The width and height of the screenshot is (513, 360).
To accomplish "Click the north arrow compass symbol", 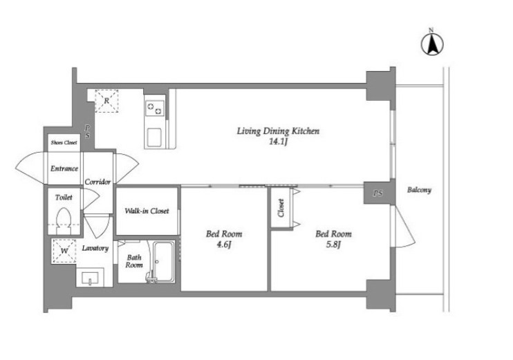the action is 432,44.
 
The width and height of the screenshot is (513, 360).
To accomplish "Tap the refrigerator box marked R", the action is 106,101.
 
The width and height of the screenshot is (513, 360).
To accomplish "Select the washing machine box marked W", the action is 64,251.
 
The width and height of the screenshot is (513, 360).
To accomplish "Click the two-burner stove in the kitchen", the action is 154,108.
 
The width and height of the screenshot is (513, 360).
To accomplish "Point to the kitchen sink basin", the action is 153,138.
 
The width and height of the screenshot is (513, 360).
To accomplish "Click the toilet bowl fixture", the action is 64,220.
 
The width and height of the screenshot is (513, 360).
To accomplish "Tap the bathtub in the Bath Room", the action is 163,262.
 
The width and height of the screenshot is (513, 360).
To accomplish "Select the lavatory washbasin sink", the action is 90,278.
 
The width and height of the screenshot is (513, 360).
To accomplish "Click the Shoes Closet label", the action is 64,142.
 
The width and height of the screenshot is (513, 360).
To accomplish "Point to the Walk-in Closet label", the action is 147,211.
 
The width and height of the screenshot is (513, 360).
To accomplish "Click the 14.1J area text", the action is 278,142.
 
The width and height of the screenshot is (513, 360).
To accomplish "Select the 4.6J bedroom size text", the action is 224,244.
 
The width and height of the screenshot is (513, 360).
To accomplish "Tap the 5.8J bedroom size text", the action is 334,244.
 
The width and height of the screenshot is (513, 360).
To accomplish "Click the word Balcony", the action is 419,190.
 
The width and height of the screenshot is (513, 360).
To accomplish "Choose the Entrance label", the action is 64,169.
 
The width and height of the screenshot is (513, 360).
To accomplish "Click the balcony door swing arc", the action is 405,229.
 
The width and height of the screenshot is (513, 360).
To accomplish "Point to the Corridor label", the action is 97,182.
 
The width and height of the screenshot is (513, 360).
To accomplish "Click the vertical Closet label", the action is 281,208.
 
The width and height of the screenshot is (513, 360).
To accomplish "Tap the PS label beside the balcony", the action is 377,193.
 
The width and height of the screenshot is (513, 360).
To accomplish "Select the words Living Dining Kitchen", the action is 278,131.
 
